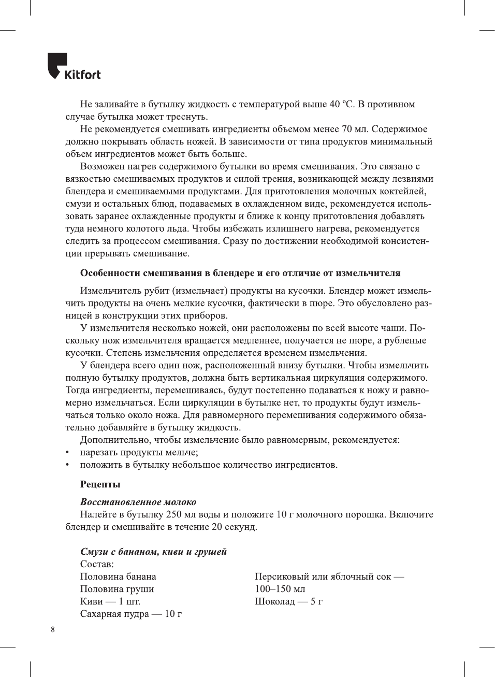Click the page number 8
[x=53, y=630]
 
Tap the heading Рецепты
[x=100, y=484]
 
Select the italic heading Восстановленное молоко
[x=138, y=502]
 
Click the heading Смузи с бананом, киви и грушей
[x=153, y=552]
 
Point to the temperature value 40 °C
[x=342, y=104]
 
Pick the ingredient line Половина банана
[x=118, y=577]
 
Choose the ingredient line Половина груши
[x=117, y=589]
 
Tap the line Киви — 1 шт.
[x=110, y=601]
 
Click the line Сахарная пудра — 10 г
[x=131, y=614]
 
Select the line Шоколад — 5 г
[x=288, y=601]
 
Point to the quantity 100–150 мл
[x=280, y=589]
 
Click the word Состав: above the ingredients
[x=97, y=564]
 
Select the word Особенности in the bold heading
[x=110, y=273]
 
